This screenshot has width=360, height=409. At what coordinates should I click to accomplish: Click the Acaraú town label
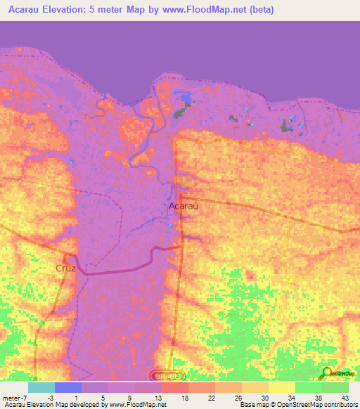[182, 206]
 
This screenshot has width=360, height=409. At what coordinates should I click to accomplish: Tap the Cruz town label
[65, 268]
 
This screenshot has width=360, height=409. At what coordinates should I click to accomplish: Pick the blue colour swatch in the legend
[67, 387]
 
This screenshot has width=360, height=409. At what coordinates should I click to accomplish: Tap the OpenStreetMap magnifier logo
[327, 372]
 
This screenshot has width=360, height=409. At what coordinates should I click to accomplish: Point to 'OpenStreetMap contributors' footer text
[322, 405]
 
